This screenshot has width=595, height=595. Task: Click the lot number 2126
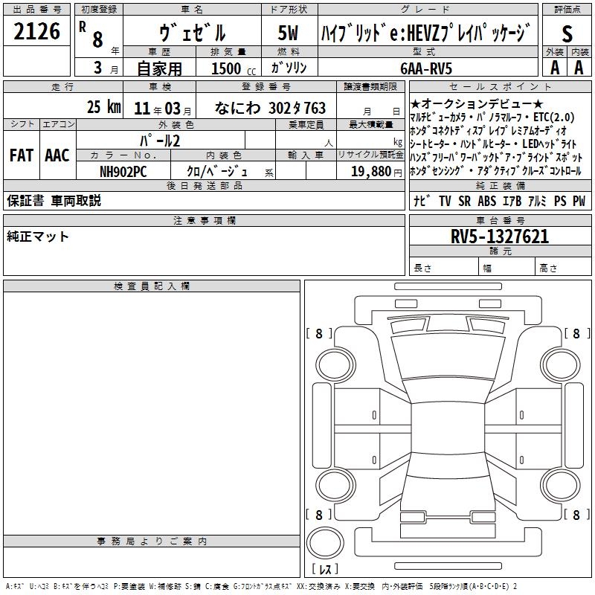pos(36,31)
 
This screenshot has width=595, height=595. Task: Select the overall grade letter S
pos(567,33)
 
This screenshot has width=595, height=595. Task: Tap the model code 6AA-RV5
pos(426,68)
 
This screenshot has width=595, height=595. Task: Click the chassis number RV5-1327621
pos(500,237)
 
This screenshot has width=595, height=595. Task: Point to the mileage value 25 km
pos(104,106)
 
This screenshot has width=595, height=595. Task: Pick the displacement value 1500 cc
pos(234,68)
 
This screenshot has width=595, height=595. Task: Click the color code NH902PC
pos(123,172)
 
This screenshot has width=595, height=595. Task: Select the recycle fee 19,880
pos(371,171)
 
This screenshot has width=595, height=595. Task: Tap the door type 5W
pos(288,33)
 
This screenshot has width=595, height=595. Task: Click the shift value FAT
pos(22,155)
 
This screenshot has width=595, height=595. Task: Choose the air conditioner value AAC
pos(57,155)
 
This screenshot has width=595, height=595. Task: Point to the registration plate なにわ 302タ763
pos(270,108)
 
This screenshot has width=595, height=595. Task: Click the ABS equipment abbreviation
pos(487,201)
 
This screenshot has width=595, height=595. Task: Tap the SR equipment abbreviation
pos(464,201)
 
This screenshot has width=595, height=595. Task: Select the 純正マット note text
pos(38,237)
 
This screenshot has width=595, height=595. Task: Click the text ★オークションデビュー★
pos(477,103)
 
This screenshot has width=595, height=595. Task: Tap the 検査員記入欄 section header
pos(152,286)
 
